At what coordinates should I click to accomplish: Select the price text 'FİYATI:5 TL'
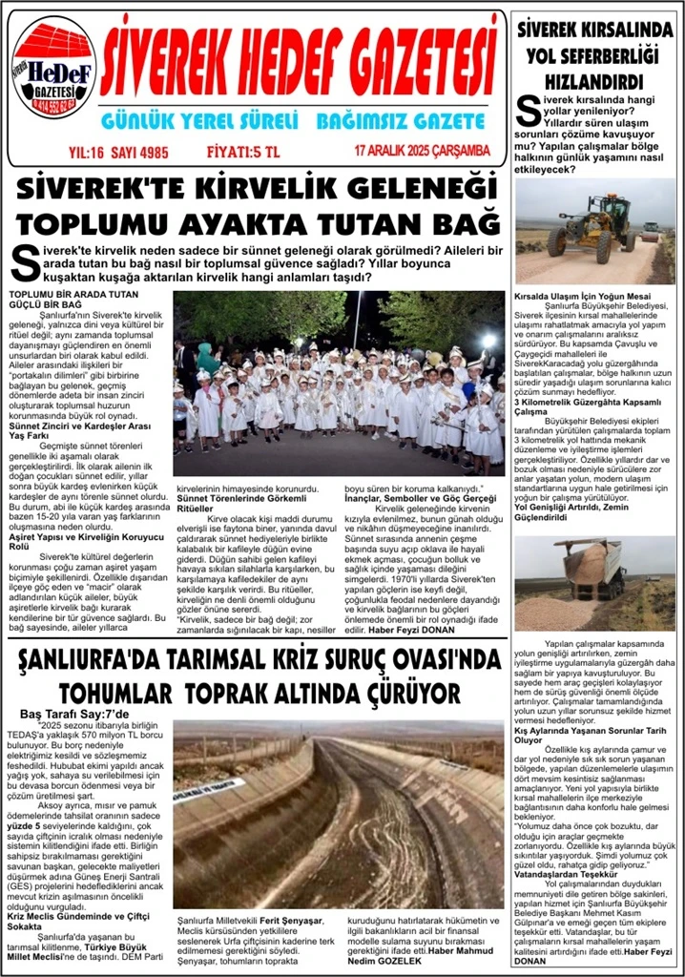pyautogui.click(x=244, y=151)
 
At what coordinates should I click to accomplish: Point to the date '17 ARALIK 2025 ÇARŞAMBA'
pyautogui.click(x=422, y=151)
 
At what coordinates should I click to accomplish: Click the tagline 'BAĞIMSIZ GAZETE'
pyautogui.click(x=400, y=121)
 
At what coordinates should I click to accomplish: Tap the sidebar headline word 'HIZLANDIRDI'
pyautogui.click(x=594, y=82)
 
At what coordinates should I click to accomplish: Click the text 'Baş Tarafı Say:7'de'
pyautogui.click(x=74, y=714)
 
